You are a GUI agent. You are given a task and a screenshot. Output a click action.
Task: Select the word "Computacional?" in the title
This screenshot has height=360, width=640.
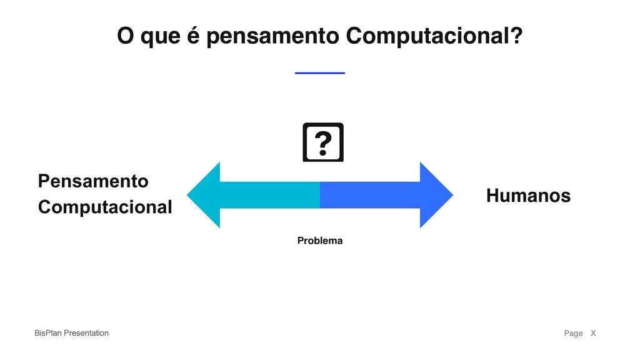click(434, 37)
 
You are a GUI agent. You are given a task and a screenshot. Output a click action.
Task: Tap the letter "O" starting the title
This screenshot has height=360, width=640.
click(126, 36)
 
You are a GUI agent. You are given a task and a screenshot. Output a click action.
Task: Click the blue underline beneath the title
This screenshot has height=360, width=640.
click(319, 73)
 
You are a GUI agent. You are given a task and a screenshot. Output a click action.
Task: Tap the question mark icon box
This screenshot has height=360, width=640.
click(323, 142)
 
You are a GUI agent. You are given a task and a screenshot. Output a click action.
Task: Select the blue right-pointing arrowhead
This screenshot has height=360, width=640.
click(435, 195)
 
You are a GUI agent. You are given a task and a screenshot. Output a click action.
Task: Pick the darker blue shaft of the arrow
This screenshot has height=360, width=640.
click(369, 195)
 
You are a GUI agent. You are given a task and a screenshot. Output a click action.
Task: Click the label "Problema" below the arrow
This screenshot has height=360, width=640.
click(319, 241)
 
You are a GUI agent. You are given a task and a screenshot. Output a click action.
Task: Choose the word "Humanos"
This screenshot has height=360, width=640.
click(528, 196)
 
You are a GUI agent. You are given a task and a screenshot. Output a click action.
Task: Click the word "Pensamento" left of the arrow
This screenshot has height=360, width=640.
click(93, 181)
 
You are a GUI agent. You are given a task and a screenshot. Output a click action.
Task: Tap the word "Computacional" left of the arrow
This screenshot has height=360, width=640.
click(105, 207)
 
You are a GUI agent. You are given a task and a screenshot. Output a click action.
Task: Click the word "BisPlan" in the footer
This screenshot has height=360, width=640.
click(48, 333)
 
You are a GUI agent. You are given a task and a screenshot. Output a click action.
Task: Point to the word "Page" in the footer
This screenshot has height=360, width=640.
click(573, 333)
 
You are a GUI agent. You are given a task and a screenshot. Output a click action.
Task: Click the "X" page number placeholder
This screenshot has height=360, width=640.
click(593, 333)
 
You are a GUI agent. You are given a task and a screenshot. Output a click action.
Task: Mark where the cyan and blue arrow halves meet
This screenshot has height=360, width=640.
click(320, 195)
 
